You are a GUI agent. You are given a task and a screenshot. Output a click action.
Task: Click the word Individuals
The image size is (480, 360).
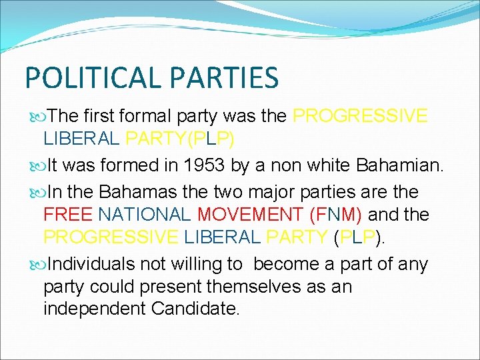coord(91,264)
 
